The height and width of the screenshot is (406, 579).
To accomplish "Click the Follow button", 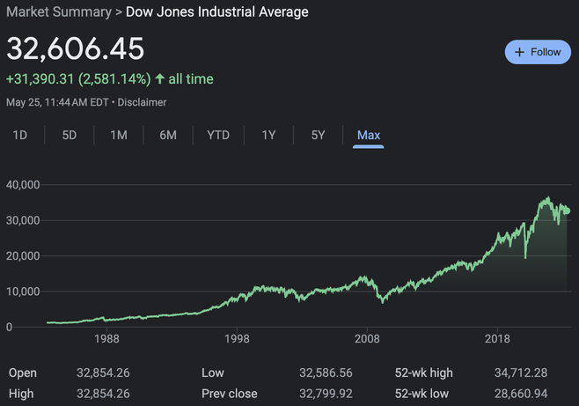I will [x=538, y=52].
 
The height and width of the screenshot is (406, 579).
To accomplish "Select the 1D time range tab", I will [x=19, y=135].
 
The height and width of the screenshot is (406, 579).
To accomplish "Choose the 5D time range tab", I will [x=70, y=135].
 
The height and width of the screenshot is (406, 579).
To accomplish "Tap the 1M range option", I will [x=119, y=135].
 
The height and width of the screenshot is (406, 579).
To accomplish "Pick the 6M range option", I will [x=168, y=135].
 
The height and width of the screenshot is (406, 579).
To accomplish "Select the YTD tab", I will [x=218, y=135].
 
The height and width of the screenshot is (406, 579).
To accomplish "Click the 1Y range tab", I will [x=269, y=135].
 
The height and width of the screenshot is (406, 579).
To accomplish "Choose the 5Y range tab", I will [x=319, y=135].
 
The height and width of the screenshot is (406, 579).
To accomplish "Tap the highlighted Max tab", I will [x=369, y=135].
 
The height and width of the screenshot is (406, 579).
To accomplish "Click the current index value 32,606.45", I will [x=75, y=49].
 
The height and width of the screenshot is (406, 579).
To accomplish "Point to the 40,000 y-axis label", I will [x=23, y=185].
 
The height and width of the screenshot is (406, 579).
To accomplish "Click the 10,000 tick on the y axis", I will [x=23, y=292].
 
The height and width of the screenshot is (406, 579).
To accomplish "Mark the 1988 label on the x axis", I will [x=107, y=339].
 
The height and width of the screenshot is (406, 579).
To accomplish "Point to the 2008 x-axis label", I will [x=367, y=339].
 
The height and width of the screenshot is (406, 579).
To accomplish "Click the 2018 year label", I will [x=497, y=339].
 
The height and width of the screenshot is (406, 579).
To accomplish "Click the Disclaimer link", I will [x=142, y=102].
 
